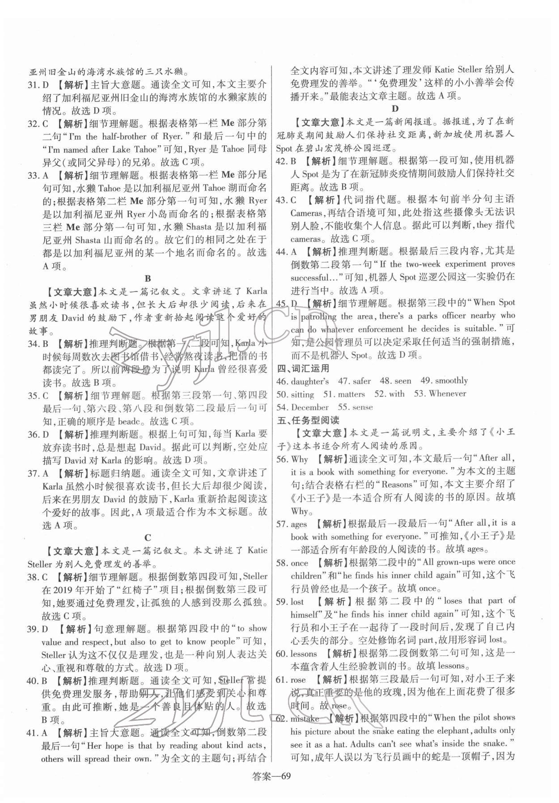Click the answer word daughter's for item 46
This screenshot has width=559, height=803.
coord(309,381)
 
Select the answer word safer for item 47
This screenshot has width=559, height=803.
coord(361,381)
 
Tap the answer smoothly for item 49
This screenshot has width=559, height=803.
coord(451,381)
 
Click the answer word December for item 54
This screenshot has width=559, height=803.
coord(309,407)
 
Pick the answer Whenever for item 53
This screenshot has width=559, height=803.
coord(447,394)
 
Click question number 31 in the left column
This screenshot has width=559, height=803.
coord(33,84)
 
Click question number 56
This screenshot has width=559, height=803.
coord(281,459)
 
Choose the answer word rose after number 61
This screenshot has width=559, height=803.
coord(298,680)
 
